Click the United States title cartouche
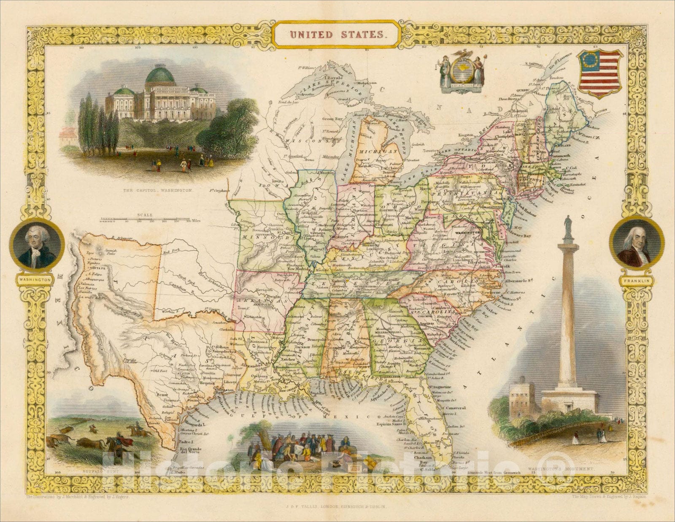click(336, 35)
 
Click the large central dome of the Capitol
click(160, 76)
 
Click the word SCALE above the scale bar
click(144, 215)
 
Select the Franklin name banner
click(637, 279)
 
